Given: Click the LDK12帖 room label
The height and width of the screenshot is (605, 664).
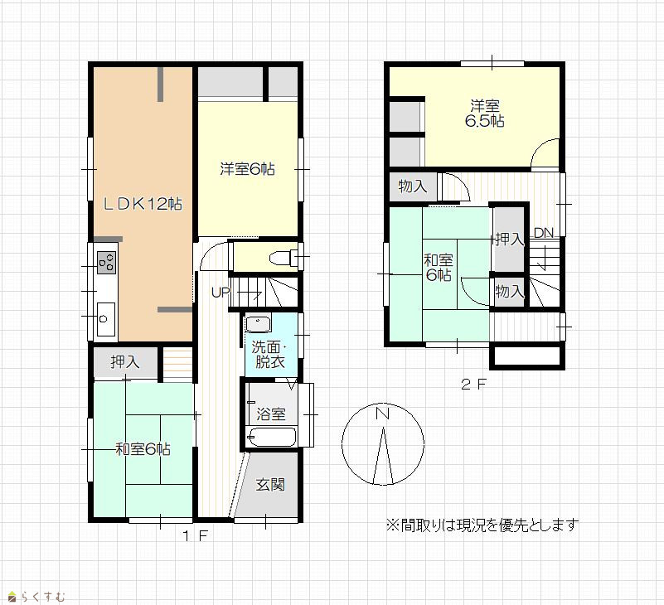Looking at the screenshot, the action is coord(143,205).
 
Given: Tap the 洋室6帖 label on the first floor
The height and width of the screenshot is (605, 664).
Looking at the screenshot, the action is coord(247,169).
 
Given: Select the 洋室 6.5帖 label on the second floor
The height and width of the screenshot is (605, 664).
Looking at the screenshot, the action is coord(484,114).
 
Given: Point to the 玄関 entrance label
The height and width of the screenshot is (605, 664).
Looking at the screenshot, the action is coord(270,484).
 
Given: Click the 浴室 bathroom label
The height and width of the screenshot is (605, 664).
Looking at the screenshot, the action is coord(270,414).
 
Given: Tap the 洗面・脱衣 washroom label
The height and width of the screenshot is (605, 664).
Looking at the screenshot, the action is coord(269,355).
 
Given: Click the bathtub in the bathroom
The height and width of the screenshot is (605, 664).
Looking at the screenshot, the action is coord(272,437).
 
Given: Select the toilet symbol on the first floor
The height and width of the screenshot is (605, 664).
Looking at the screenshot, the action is coord(283,258).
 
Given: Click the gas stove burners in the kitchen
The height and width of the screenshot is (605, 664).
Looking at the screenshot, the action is coord(107,262).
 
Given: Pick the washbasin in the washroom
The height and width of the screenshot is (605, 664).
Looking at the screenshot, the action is coord(258,324).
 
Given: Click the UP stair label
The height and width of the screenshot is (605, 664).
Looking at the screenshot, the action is coord(221,292).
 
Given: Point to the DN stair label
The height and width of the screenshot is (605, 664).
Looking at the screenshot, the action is coord(543,232).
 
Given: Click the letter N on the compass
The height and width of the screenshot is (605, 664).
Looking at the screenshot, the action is coord(383,414).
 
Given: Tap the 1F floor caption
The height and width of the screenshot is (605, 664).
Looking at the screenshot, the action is coord(195,536).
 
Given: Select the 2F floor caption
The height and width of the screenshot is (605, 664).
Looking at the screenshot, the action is coord(474,385).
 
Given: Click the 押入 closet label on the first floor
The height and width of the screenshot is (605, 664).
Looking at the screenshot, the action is coord(125,361).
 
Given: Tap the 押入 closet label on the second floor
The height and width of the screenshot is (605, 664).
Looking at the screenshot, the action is coord(510,240).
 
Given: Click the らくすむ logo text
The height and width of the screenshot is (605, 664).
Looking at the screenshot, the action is coord(43,597).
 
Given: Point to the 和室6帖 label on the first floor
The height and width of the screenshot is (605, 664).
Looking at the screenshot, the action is coord(143,448).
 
